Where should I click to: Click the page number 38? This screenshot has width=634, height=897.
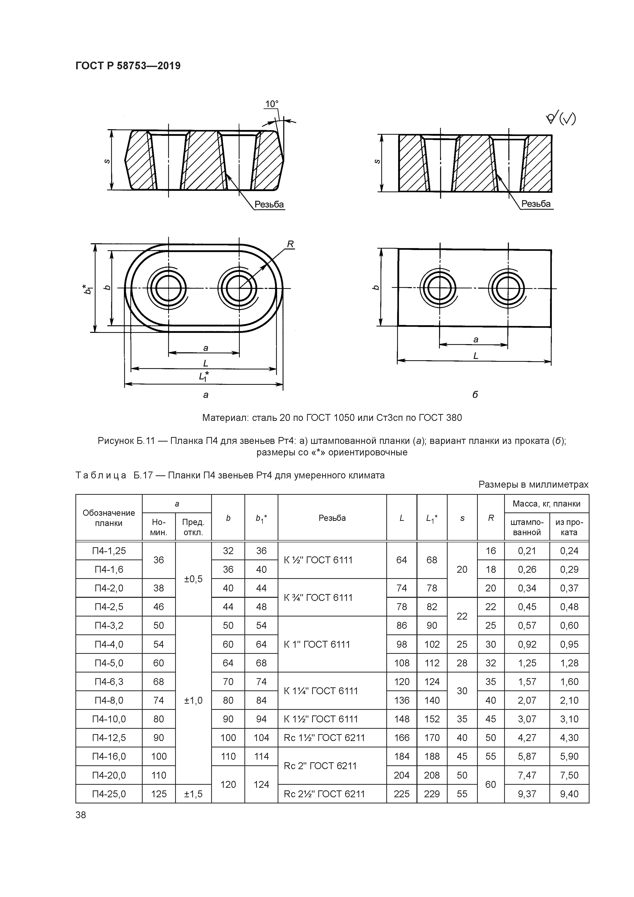[x=81, y=815]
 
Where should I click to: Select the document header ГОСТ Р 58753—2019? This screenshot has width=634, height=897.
[x=128, y=66]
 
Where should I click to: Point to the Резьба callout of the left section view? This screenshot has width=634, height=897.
[x=269, y=204]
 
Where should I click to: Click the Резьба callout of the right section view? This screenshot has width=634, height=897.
[x=536, y=204]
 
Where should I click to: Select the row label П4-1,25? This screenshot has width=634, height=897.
[x=109, y=551]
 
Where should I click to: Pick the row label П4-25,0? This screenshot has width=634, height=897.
[x=109, y=794]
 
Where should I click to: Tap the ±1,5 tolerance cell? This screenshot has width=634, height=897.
[x=193, y=794]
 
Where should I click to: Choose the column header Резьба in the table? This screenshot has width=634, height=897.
[x=332, y=518]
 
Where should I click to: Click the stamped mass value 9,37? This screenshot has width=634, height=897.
[x=527, y=794]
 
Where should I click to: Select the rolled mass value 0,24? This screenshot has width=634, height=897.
[x=569, y=551]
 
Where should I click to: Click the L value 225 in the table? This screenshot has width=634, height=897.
[x=402, y=794]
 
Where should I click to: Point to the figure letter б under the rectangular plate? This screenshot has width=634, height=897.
[x=475, y=395]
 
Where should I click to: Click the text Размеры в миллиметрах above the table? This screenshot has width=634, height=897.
[x=533, y=485]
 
